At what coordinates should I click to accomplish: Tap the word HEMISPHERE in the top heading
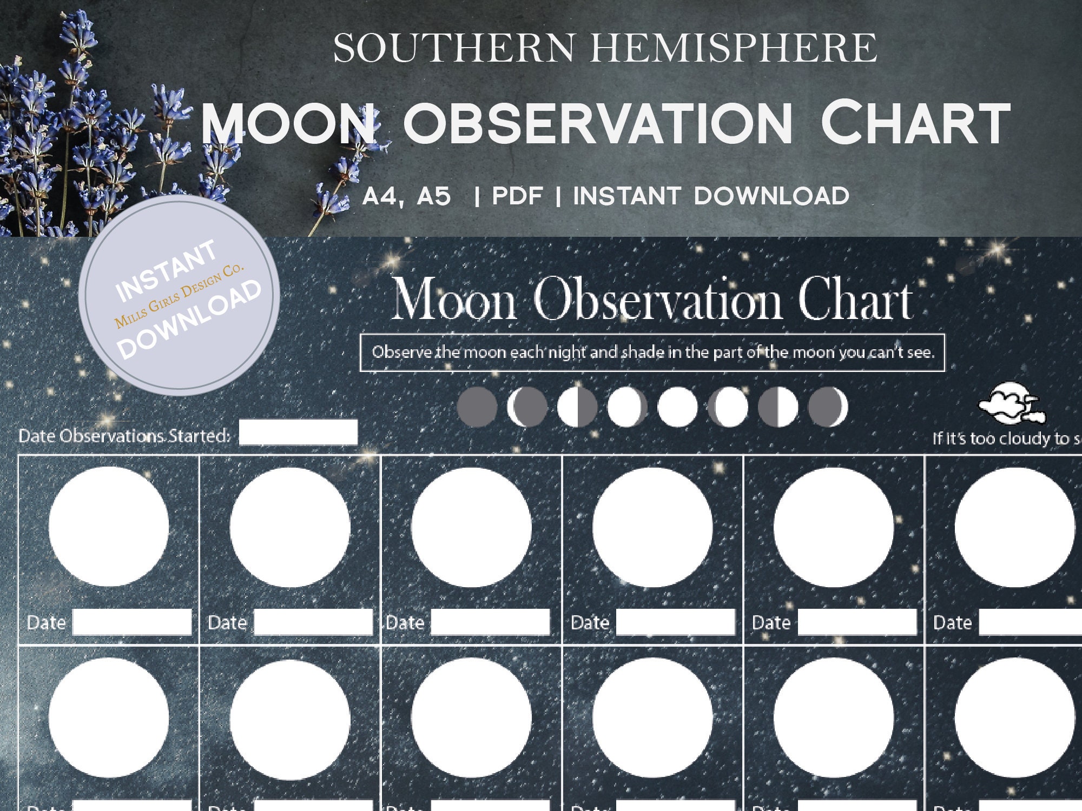pos(733,48)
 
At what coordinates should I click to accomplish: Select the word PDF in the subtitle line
pos(517,196)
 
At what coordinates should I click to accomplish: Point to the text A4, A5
pos(406,196)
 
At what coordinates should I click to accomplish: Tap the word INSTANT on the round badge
pos(166,270)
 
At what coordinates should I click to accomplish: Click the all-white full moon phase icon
pos(677,407)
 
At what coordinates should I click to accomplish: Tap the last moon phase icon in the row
pos(828,407)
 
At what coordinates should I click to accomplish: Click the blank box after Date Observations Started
pos(298,433)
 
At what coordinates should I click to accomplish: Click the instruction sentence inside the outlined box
pos(652,353)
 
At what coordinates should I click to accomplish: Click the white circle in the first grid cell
pos(109,527)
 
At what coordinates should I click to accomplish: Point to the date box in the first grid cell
pos(132,622)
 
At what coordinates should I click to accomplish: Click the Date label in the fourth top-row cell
pos(590,623)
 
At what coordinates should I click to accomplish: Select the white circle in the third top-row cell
pos(471,527)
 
